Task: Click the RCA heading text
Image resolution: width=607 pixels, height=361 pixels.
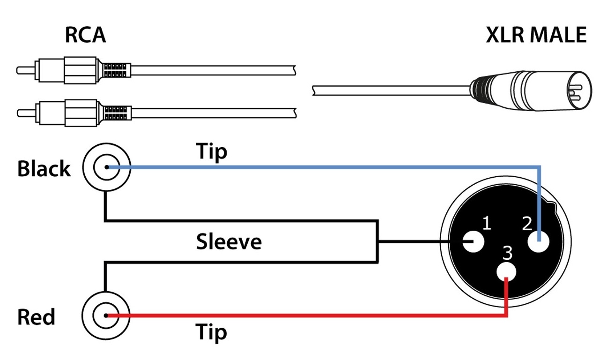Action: (x=85, y=36)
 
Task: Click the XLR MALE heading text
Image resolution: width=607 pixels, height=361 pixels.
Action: (x=536, y=36)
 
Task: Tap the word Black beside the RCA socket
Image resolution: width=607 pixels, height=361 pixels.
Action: (x=44, y=169)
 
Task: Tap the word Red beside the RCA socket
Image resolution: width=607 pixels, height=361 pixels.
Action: (x=36, y=317)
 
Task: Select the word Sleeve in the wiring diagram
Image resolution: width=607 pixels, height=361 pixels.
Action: (x=229, y=242)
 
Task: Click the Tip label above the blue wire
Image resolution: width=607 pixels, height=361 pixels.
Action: (x=211, y=152)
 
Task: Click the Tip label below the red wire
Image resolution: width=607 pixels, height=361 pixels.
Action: (x=211, y=332)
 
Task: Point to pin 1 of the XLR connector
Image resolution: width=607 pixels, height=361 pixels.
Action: (x=474, y=242)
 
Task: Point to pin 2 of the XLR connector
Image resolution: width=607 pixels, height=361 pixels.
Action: (x=540, y=242)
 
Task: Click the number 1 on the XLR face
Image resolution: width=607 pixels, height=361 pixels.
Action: (x=486, y=223)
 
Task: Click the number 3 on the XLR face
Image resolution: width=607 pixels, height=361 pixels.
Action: (x=507, y=253)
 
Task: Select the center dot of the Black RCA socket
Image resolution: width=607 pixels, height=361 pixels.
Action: (x=107, y=167)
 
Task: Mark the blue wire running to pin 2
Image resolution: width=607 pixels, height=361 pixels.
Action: (x=328, y=167)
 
